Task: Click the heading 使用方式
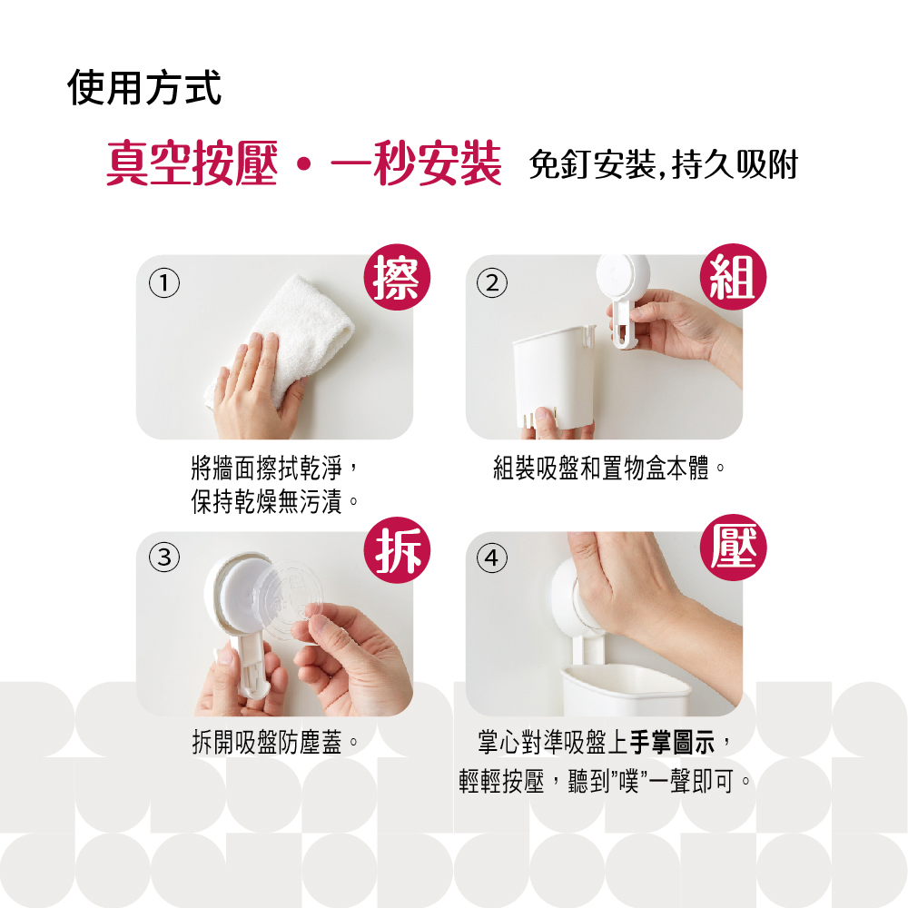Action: [x=144, y=88]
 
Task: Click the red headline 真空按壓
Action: [x=192, y=163]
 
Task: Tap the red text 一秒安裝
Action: [x=416, y=163]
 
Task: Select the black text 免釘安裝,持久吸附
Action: [x=664, y=164]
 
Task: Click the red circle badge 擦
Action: [x=398, y=277]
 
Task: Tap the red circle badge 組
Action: [x=733, y=277]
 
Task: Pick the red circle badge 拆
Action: [x=398, y=550]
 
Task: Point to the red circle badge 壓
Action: [x=733, y=548]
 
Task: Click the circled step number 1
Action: [x=164, y=283]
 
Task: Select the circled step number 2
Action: [x=492, y=283]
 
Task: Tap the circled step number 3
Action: [x=164, y=558]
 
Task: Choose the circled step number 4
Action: [x=492, y=558]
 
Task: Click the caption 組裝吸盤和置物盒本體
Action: [x=608, y=468]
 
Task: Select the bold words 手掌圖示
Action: [x=672, y=743]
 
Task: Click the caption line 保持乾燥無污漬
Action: [x=274, y=501]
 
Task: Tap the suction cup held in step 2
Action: [x=623, y=298]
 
